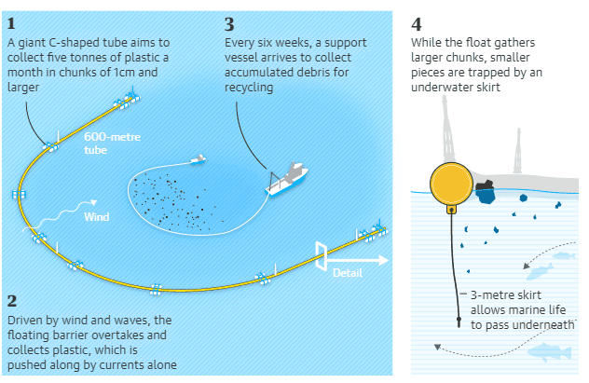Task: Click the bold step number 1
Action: tap(10, 22)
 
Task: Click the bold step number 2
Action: tap(11, 300)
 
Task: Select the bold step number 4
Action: tap(417, 23)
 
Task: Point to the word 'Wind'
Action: tap(97, 217)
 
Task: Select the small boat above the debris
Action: tap(196, 159)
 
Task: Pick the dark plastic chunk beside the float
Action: tap(485, 192)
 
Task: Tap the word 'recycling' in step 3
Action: tap(250, 89)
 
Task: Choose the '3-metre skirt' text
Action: tap(503, 293)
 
